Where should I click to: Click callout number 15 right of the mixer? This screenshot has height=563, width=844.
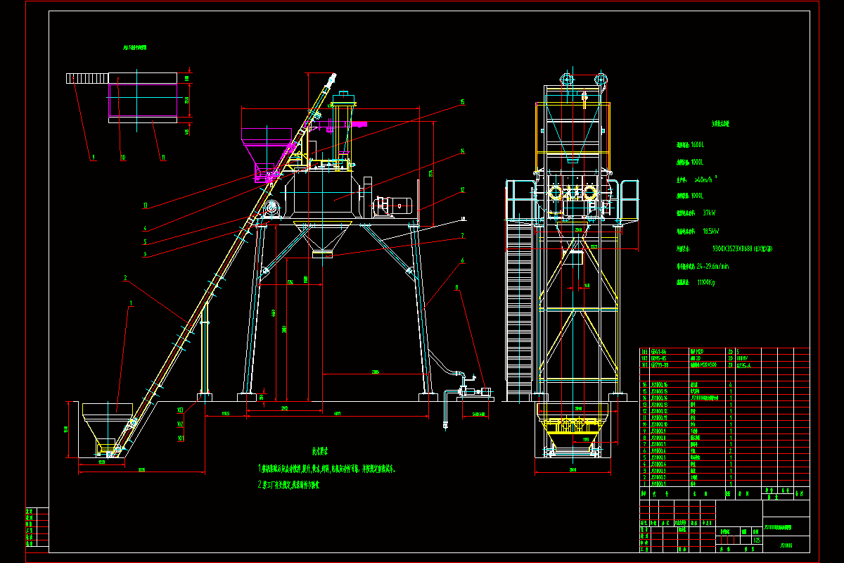462,102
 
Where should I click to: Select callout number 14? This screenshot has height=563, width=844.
462,151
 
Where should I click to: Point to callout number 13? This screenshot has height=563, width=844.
144,205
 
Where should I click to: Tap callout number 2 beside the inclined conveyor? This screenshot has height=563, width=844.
125,278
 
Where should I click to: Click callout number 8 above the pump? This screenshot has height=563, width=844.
457,287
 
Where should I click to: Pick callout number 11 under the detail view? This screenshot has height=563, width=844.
162,158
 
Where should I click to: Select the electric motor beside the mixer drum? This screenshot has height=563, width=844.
392,205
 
